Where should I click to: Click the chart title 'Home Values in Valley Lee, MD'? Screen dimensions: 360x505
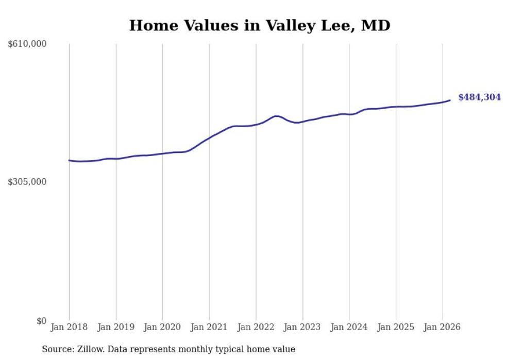pyautogui.click(x=259, y=25)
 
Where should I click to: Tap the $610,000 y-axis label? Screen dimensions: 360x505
pyautogui.click(x=27, y=44)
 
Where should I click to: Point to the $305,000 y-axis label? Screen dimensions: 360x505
pyautogui.click(x=27, y=182)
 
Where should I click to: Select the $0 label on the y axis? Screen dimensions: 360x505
pyautogui.click(x=41, y=321)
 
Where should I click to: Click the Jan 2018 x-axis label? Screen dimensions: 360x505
pyautogui.click(x=69, y=327)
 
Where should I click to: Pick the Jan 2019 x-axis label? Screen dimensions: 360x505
pyautogui.click(x=116, y=327)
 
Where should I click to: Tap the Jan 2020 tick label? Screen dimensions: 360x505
pyautogui.click(x=162, y=327)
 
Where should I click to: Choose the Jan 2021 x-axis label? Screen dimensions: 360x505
pyautogui.click(x=209, y=327)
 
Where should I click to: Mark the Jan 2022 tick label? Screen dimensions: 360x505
pyautogui.click(x=256, y=327)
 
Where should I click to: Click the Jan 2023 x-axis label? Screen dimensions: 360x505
pyautogui.click(x=302, y=327)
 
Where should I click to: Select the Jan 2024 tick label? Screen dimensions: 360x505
pyautogui.click(x=349, y=327)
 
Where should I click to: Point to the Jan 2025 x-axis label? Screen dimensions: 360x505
pyautogui.click(x=396, y=327)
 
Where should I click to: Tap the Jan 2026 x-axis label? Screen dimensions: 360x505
pyautogui.click(x=443, y=327)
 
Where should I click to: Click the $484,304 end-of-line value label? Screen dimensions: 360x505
pyautogui.click(x=479, y=97)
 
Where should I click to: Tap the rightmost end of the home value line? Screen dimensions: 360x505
pyautogui.click(x=450, y=100)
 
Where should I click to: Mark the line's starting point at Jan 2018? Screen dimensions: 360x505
pyautogui.click(x=70, y=160)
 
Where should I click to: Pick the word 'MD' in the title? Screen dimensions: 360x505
pyautogui.click(x=376, y=25)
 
